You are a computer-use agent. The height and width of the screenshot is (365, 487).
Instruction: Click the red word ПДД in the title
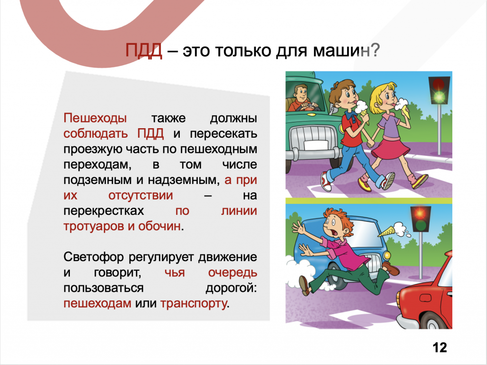[x=144, y=51]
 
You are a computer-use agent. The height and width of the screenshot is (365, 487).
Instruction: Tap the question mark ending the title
[x=375, y=50]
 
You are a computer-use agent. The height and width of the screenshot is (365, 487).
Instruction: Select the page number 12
[x=440, y=347]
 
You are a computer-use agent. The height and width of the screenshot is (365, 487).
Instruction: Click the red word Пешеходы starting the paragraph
[x=95, y=119]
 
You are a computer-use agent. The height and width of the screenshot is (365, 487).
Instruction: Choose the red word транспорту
[x=194, y=304]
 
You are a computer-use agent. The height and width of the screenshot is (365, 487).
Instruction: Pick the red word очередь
[x=233, y=273]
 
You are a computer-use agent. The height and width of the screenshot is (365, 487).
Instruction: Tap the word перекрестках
[x=104, y=211]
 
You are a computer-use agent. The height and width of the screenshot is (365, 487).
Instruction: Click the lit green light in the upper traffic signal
[x=439, y=97]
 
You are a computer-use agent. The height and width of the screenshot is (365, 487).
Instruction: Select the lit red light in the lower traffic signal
[x=420, y=213]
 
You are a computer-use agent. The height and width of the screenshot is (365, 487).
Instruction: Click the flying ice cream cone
[x=392, y=230]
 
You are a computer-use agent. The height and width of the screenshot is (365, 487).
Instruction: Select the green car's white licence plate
[x=316, y=145]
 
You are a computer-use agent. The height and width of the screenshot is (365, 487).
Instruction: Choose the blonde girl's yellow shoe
[x=420, y=181]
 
